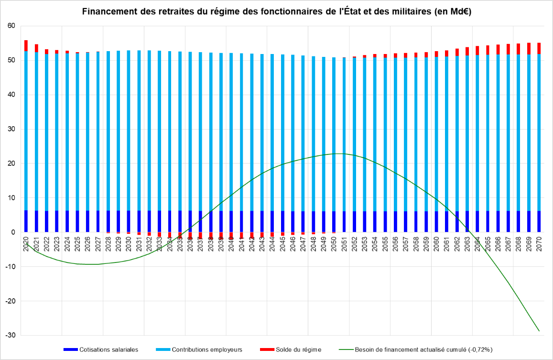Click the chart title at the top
pos(277,12)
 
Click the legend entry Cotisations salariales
pos(108,349)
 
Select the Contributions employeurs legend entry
pos(207,349)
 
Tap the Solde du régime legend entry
pos(298,349)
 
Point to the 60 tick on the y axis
pos(11,26)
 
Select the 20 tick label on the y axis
pos(11,164)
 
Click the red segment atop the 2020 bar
pos(26,45)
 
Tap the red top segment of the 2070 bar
pos(539,48)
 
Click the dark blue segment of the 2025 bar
pos(77,221)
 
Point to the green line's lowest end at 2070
pos(539,331)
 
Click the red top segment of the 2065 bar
pos(488,50)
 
